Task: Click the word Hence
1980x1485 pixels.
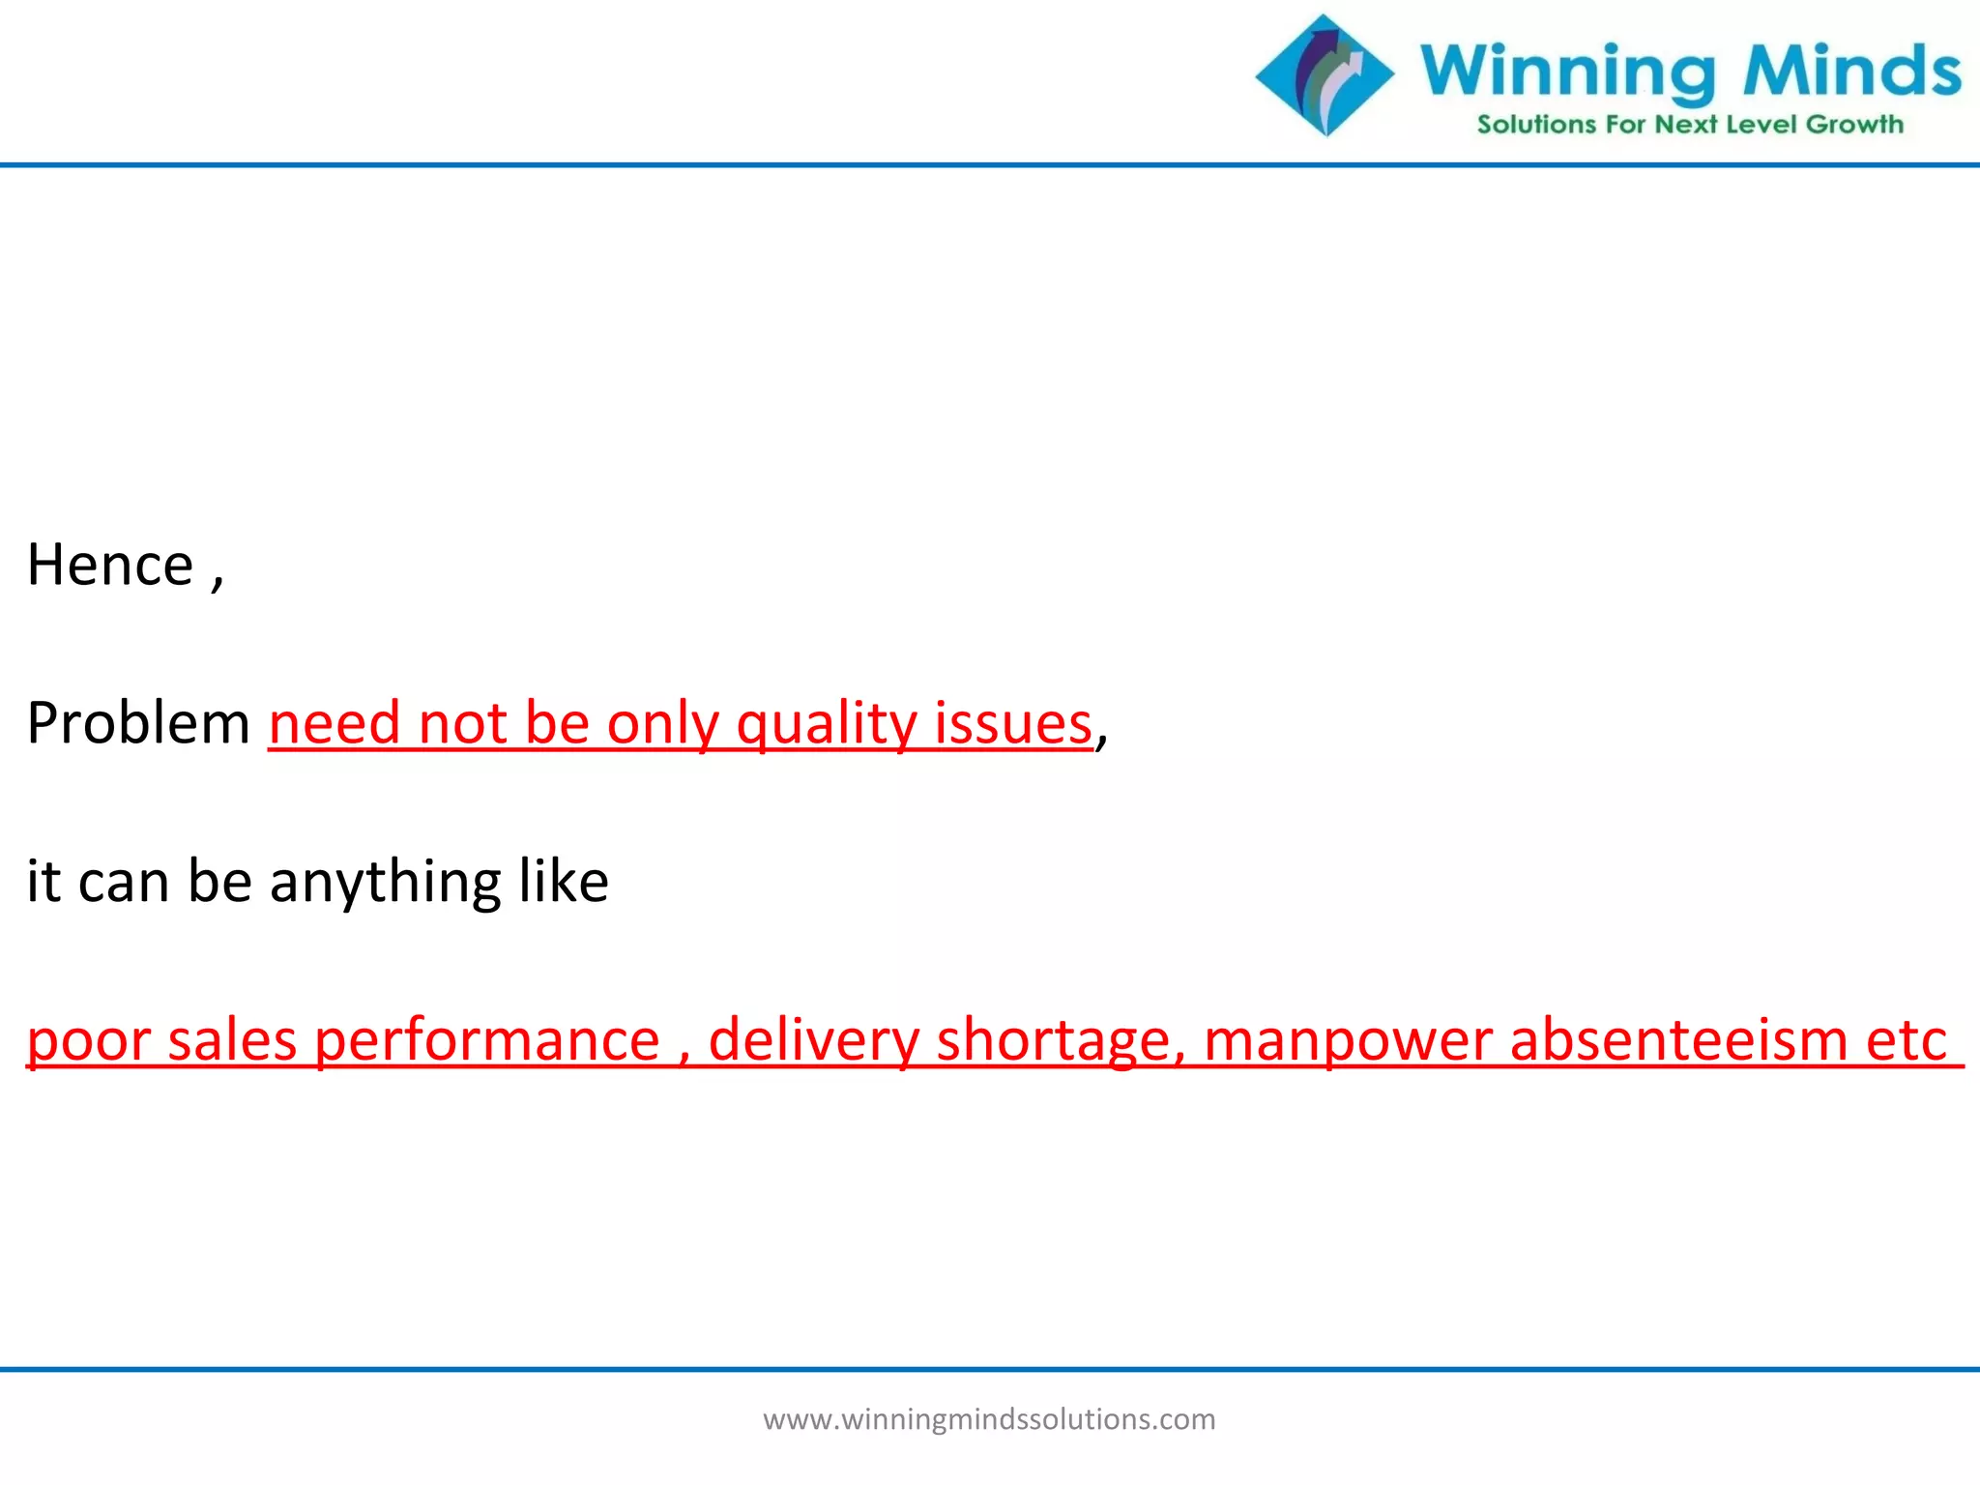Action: (x=109, y=565)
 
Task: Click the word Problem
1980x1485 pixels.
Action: (x=138, y=723)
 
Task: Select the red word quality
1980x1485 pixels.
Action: (x=826, y=725)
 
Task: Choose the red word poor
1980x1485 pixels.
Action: (x=88, y=1042)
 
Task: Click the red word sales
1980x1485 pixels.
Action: (x=232, y=1040)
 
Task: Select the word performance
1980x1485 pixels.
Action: (x=487, y=1042)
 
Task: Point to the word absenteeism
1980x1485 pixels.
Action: (x=1678, y=1040)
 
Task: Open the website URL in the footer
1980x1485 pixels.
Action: (x=989, y=1419)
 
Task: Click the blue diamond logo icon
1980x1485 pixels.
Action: (x=1325, y=75)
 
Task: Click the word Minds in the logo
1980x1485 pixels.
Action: (x=1851, y=72)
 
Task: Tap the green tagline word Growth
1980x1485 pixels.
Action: (x=1854, y=125)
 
